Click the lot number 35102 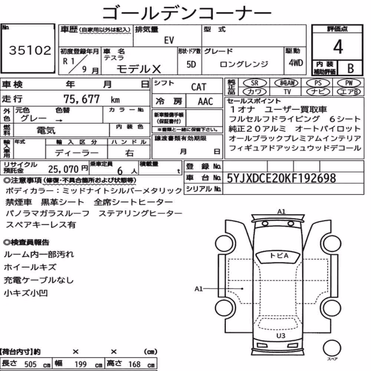pos(30,50)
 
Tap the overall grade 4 pos(338,47)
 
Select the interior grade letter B pos(351,68)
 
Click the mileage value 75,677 pos(82,99)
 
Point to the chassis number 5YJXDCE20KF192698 pos(281,178)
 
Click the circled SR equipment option pos(255,83)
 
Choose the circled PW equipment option pos(349,83)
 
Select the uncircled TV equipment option pos(287,92)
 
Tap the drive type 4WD pos(296,63)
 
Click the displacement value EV pos(169,40)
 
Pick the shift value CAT pos(199,87)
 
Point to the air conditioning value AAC pos(206,102)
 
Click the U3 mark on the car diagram pos(280,336)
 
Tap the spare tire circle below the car pos(332,348)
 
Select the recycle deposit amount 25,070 pos(63,169)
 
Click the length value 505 pos(30,364)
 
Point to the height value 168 pos(135,364)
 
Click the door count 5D pos(191,64)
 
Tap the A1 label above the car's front pos(281,211)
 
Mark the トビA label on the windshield pos(279,256)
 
